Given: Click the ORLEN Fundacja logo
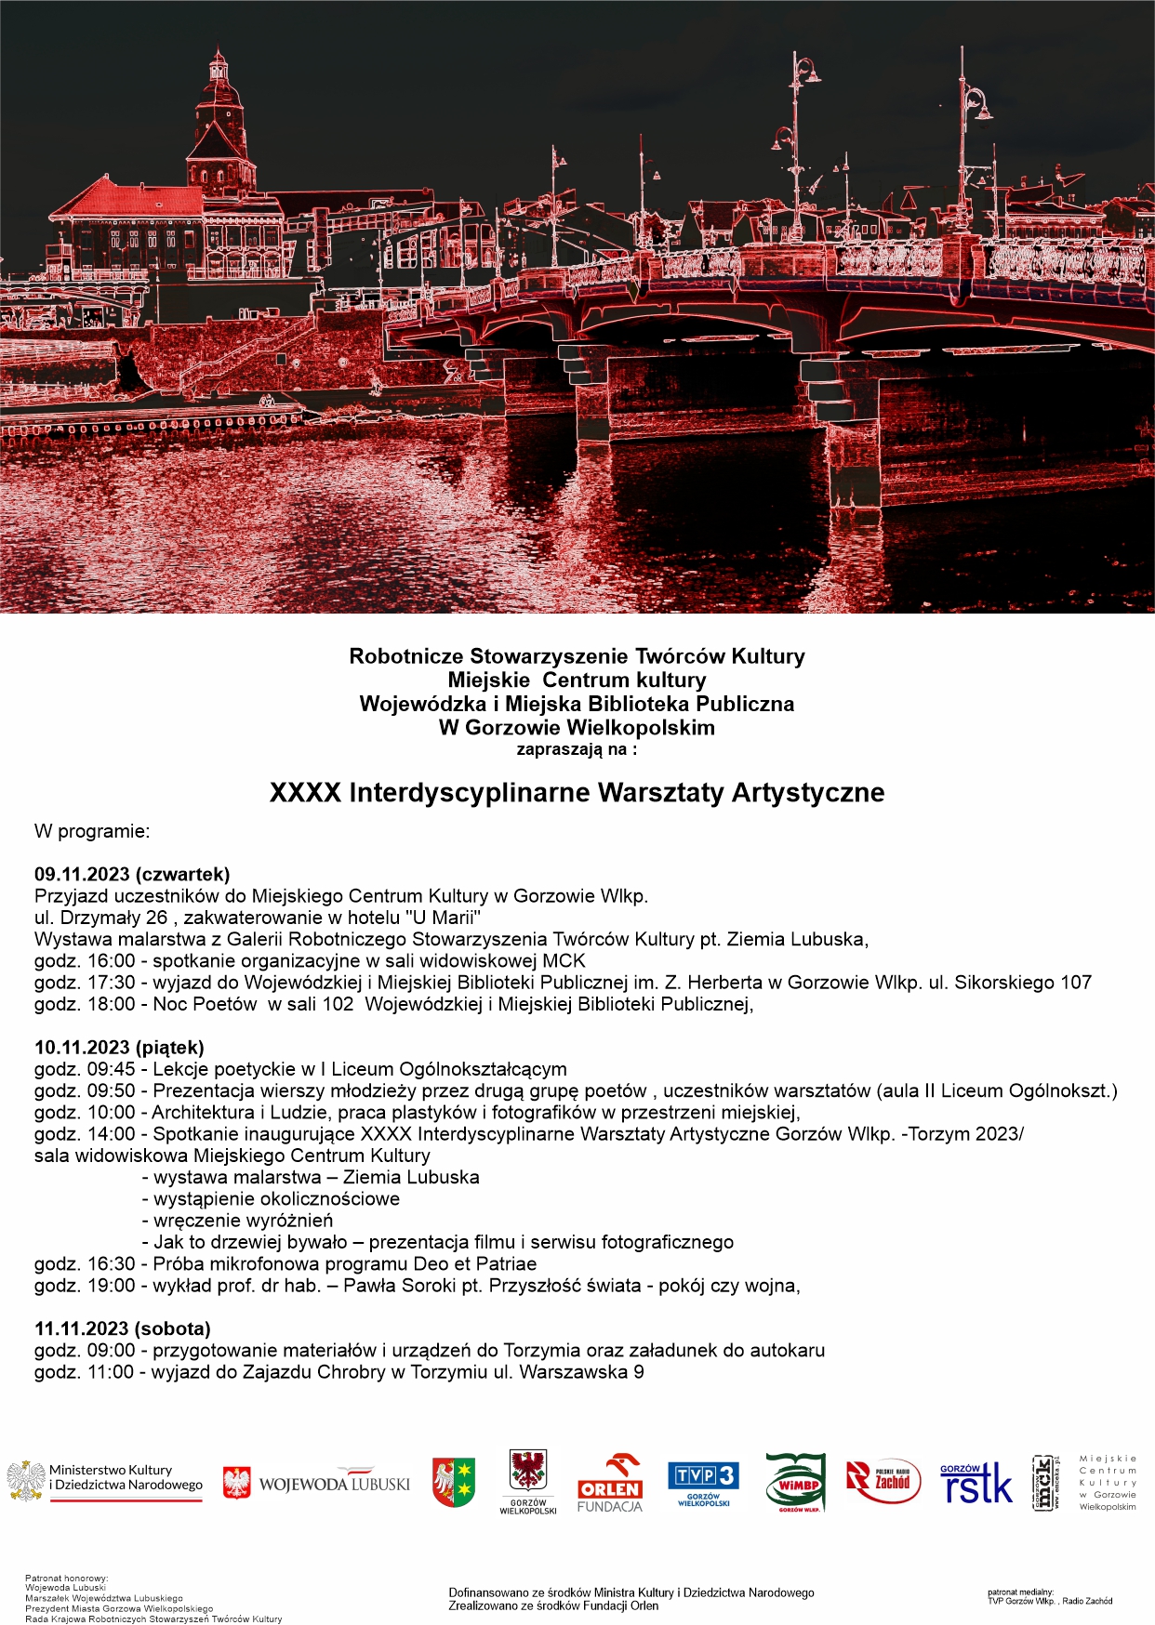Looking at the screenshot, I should tap(609, 1484).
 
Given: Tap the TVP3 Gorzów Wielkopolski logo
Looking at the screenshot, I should tap(703, 1483).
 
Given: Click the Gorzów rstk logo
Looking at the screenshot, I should tap(976, 1483).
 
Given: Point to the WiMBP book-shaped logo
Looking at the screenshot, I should tap(795, 1482).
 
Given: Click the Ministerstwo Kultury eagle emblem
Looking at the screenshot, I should tap(26, 1481).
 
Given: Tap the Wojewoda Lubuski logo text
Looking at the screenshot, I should tap(334, 1484).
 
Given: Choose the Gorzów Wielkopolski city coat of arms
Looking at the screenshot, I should tap(527, 1473).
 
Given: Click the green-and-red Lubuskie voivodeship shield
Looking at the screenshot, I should tap(454, 1481).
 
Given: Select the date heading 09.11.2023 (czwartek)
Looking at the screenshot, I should tap(132, 874).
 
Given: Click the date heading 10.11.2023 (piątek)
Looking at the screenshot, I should tap(119, 1047).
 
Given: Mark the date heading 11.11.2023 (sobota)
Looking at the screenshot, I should tap(123, 1328).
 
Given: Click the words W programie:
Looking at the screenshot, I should tap(92, 831).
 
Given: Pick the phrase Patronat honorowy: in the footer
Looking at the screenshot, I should tap(66, 1579).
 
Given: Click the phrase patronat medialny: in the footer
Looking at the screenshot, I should tap(1020, 1592).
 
